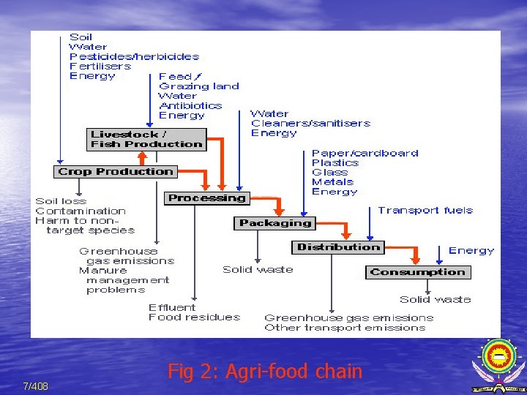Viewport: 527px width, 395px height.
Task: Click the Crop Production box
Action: [115, 172]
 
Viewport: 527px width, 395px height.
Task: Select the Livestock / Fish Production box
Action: [146, 139]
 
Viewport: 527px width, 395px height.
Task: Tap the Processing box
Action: [206, 198]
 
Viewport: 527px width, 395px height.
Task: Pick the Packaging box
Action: [275, 223]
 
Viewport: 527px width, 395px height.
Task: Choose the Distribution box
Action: [338, 247]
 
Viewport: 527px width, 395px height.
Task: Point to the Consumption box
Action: [417, 272]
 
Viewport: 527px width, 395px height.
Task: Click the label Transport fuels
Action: [425, 211]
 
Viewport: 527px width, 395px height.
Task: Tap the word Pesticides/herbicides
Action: [134, 56]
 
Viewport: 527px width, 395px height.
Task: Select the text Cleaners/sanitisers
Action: [310, 124]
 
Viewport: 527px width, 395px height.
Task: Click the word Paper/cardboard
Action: [365, 154]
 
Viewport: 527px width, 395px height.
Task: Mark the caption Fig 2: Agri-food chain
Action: [265, 372]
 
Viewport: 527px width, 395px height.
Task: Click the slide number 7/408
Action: [35, 386]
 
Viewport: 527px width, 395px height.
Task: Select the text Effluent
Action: [172, 307]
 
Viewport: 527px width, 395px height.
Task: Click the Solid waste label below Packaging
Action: [258, 270]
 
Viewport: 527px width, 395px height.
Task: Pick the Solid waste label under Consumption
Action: [435, 299]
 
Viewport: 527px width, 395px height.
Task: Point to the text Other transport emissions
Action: [345, 328]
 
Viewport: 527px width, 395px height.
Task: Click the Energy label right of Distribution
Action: [471, 251]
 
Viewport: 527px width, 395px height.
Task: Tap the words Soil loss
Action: [61, 201]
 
